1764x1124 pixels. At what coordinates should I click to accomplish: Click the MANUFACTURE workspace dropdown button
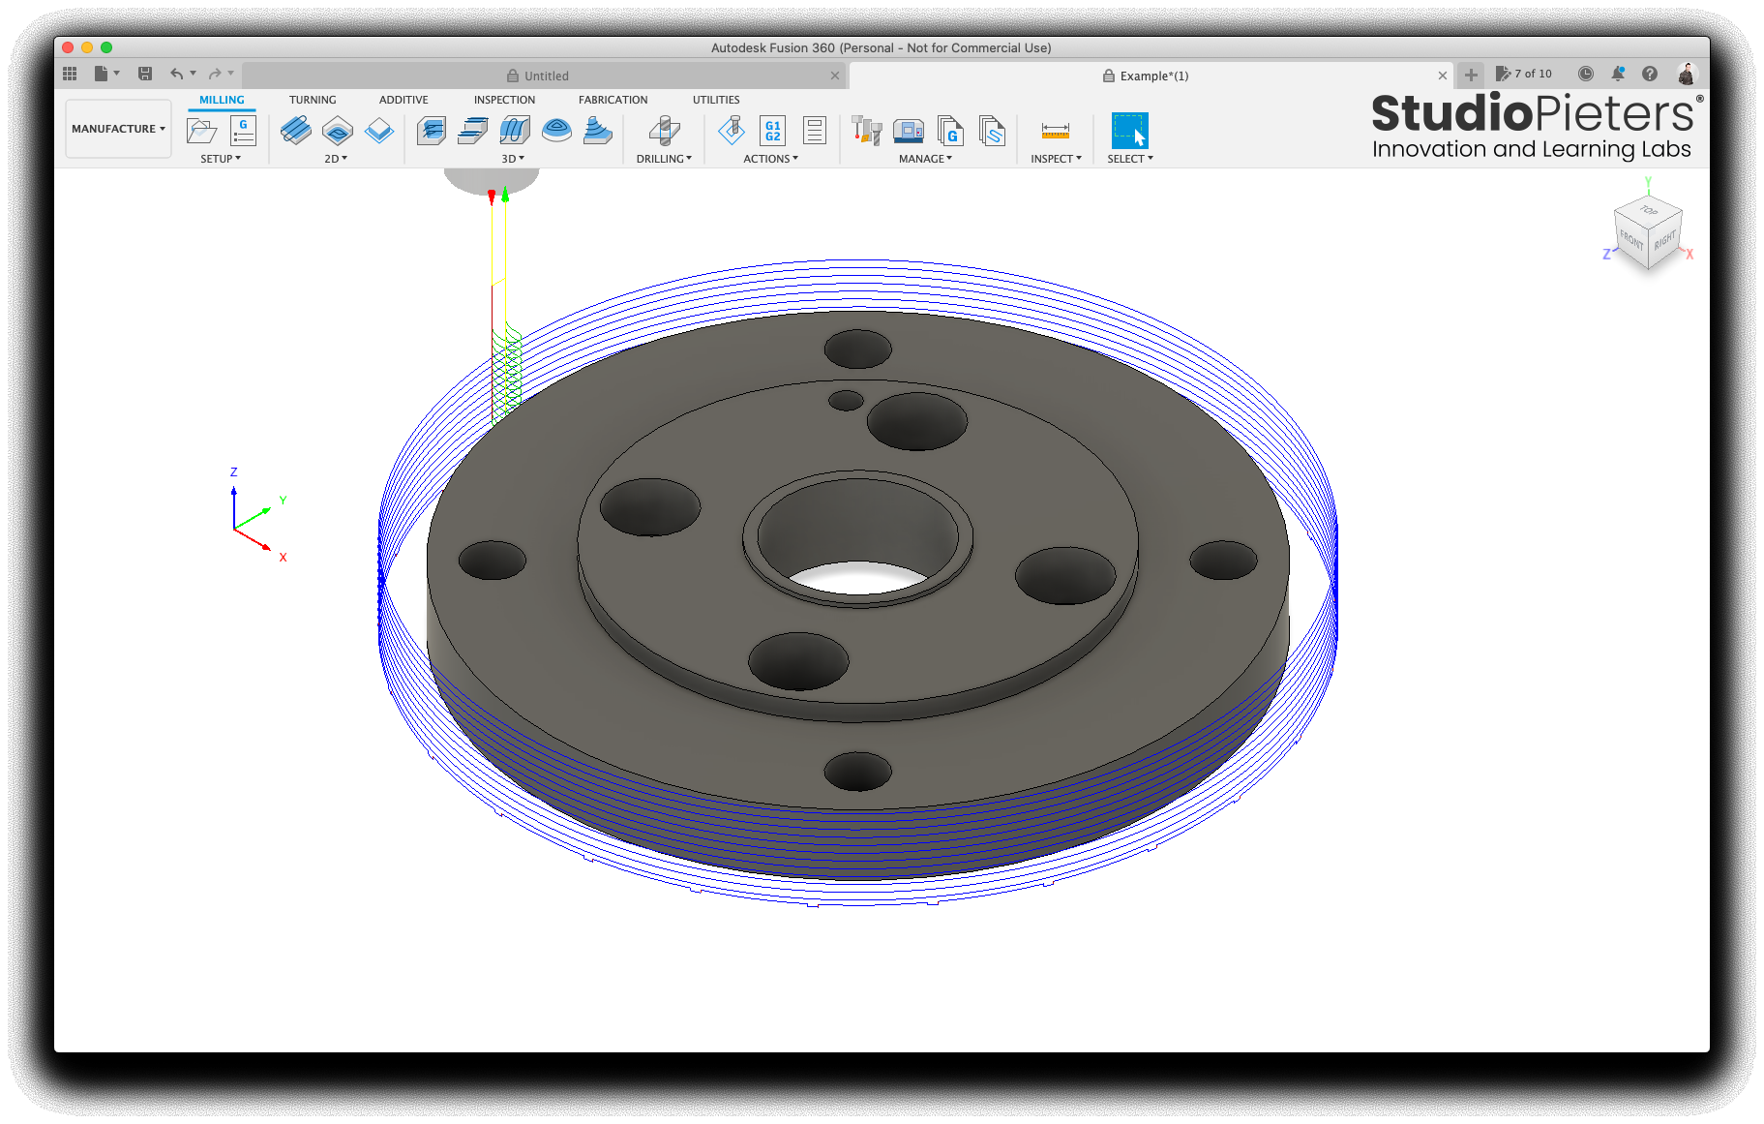click(118, 129)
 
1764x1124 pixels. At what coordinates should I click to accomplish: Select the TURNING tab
click(313, 100)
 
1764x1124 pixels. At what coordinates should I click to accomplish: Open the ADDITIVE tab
click(404, 100)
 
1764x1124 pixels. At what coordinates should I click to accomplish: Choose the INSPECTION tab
click(504, 100)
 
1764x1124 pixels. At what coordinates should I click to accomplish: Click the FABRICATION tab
click(613, 100)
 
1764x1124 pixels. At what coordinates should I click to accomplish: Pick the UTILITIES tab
click(716, 100)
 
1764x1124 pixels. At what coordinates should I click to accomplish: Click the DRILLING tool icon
click(664, 130)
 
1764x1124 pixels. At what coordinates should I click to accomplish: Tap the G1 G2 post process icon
click(772, 130)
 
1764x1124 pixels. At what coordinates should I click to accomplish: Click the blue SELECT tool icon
click(1129, 130)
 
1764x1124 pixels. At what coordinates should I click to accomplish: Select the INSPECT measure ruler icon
click(1055, 130)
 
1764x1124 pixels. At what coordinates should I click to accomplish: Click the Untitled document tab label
click(546, 76)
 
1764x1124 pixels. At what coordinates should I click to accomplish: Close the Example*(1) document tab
click(1443, 76)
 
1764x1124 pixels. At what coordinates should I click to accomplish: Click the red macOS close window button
click(68, 47)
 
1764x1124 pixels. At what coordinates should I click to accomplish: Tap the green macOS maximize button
click(106, 47)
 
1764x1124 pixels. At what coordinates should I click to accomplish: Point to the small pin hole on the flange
click(846, 400)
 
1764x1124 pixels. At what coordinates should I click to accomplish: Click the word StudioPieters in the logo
click(1532, 113)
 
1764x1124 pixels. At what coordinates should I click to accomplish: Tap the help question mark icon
click(1650, 74)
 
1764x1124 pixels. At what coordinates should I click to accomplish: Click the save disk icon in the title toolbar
click(145, 74)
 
